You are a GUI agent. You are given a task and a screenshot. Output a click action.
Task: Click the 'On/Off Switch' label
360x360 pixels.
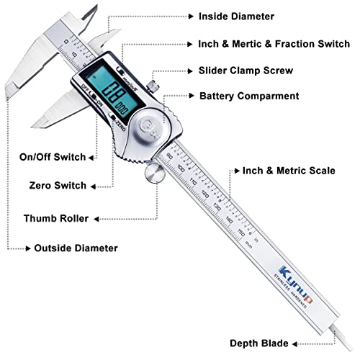[x=54, y=157]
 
